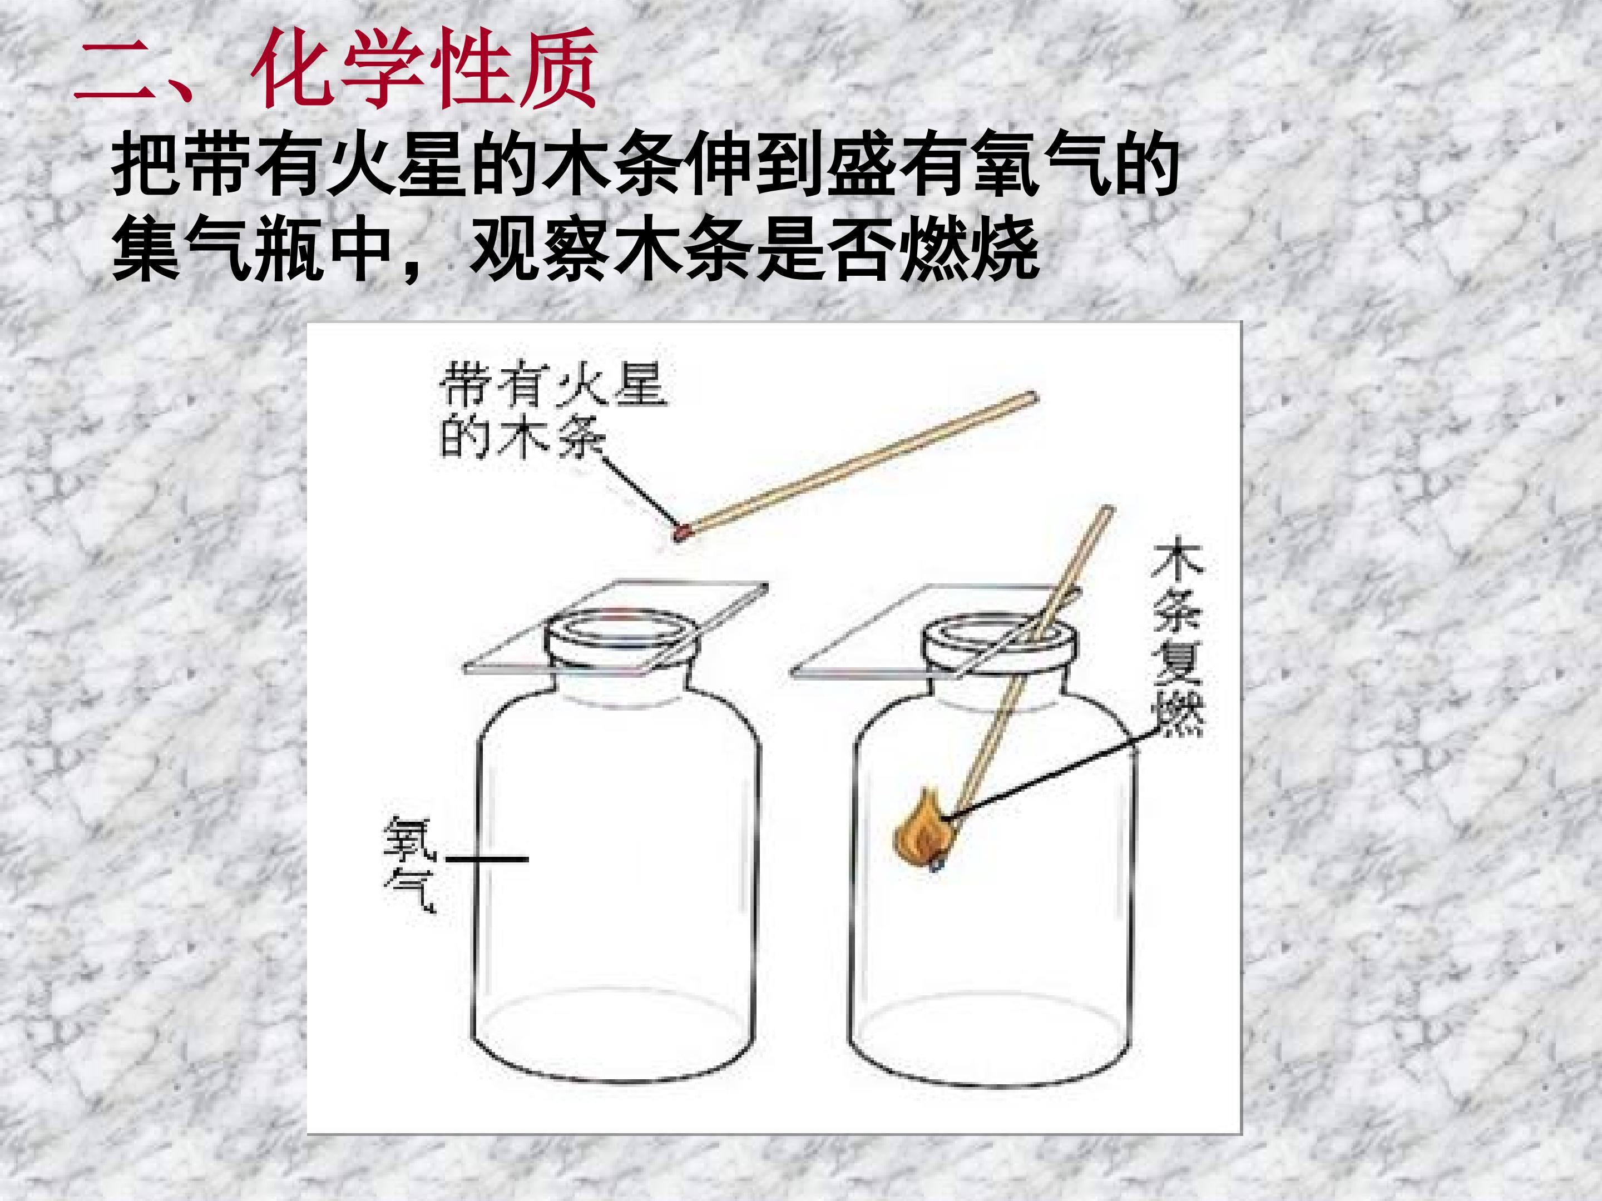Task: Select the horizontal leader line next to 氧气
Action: click(487, 860)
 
